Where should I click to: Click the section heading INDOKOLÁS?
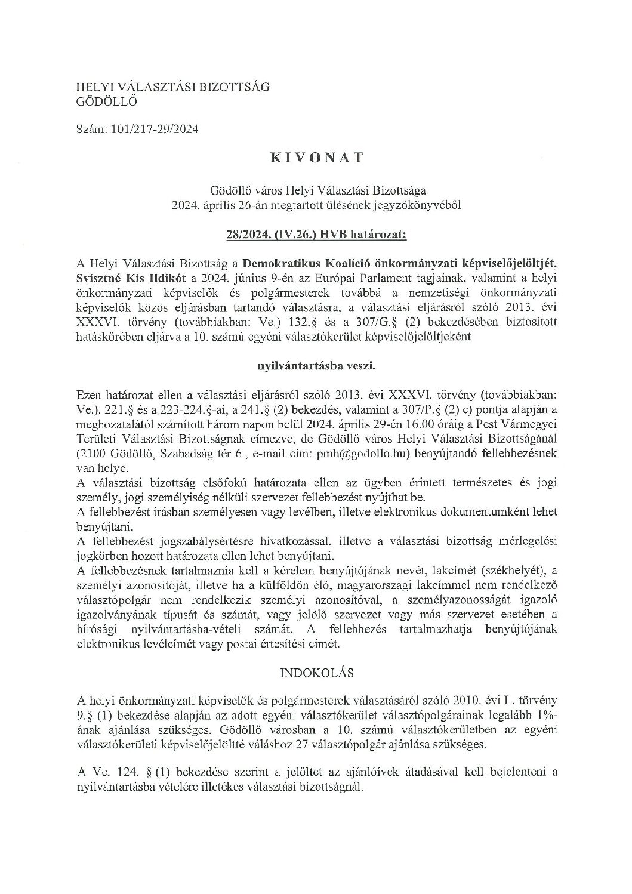pos(316,673)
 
